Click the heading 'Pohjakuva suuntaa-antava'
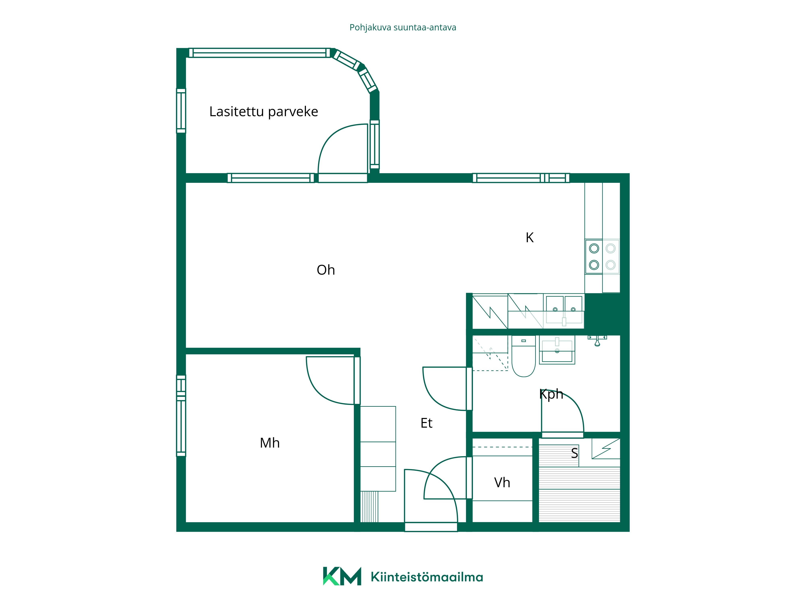[403, 28]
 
